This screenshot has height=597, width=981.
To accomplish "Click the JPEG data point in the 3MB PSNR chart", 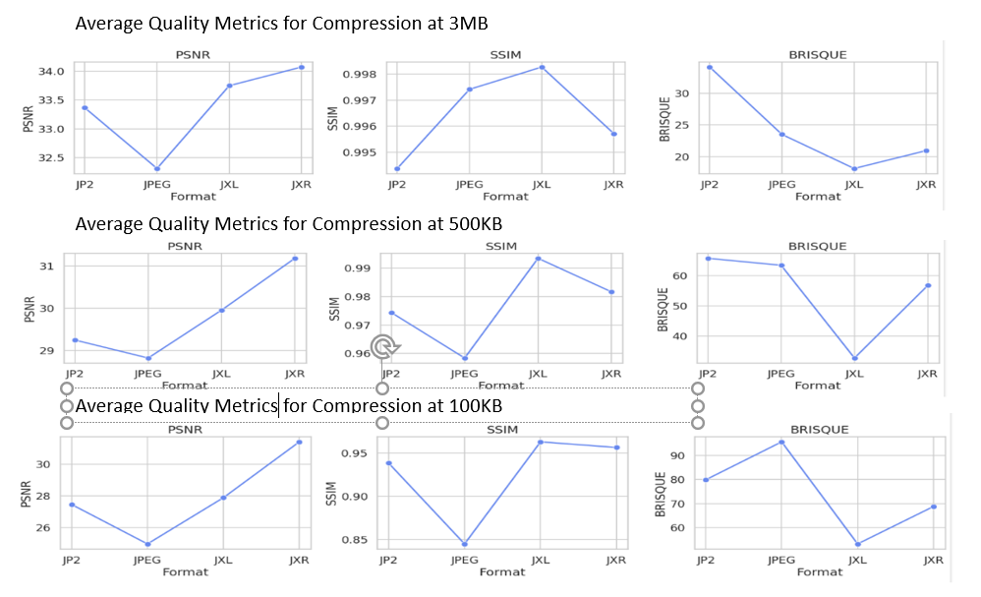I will point(156,168).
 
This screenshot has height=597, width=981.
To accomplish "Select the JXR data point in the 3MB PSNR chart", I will point(301,67).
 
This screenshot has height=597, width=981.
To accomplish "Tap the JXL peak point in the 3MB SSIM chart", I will point(542,67).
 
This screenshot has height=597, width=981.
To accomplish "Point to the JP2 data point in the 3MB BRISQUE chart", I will point(710,67).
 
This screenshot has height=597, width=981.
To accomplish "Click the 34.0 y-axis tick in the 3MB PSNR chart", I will point(52,72).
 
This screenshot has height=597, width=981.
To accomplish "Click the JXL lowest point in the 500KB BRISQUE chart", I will point(854,358).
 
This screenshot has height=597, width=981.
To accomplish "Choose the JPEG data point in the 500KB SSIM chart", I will point(464,358).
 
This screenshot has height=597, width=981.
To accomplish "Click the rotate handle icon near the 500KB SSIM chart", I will point(386,345).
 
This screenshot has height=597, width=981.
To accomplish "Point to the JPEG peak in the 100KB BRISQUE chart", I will point(781,442).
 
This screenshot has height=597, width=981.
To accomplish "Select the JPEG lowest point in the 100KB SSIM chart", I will point(464,544).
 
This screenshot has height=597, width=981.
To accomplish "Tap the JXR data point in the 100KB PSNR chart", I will point(299,442).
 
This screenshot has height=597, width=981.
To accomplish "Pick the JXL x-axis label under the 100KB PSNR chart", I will point(223,560).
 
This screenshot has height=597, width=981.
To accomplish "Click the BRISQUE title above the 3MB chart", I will point(817,55).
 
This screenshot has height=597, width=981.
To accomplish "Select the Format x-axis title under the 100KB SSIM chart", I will point(502,571).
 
